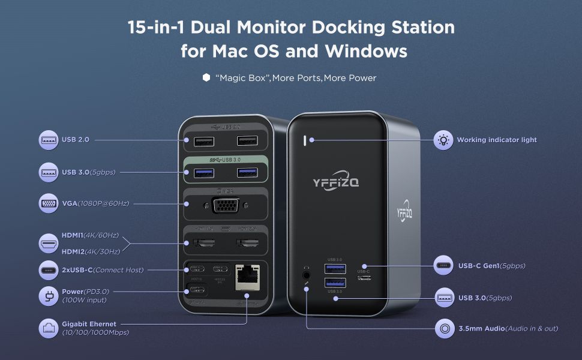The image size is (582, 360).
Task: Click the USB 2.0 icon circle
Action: tap(48, 140)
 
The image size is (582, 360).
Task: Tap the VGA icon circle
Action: tap(48, 203)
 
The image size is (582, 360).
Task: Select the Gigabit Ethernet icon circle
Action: tap(48, 328)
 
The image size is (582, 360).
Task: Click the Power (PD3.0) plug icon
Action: tap(48, 296)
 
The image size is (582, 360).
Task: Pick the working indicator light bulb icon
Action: tap(443, 140)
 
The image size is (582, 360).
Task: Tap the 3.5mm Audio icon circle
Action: tap(443, 328)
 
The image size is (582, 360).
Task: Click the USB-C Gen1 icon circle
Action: tap(443, 265)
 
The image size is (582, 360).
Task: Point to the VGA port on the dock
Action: tap(225, 206)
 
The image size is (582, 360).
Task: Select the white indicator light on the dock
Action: tap(305, 140)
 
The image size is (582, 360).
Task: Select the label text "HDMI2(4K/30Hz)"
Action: tap(91, 251)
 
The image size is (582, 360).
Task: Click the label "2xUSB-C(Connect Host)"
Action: tap(103, 270)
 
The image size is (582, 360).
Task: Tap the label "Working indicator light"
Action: tap(497, 140)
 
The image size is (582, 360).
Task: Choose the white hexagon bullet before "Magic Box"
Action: tap(206, 78)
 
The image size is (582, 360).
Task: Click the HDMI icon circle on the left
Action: tap(48, 243)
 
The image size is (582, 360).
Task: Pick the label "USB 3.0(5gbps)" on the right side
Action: tap(485, 298)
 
